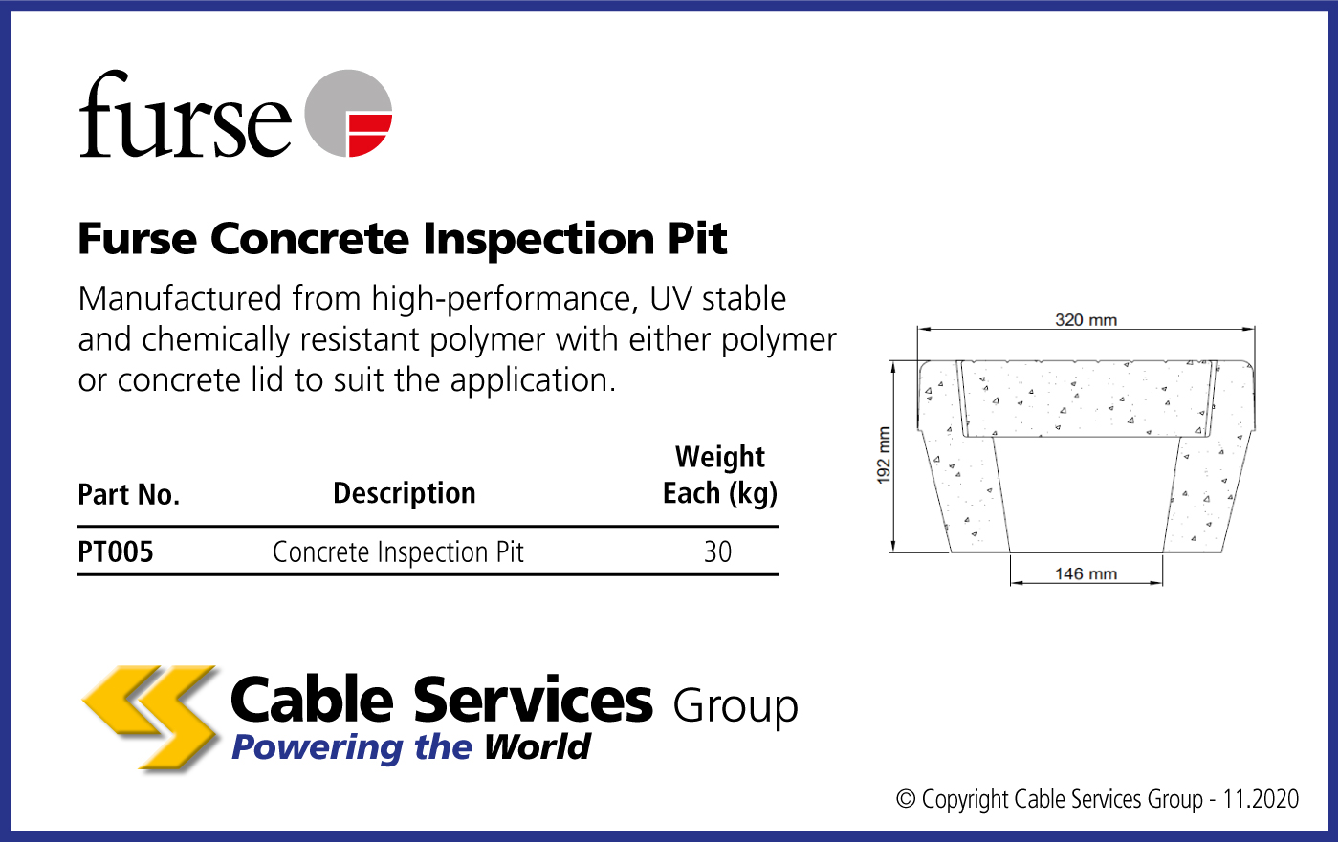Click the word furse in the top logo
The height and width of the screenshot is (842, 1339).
click(x=186, y=115)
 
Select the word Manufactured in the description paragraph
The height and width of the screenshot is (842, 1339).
click(x=180, y=298)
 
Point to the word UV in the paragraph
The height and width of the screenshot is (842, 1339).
click(x=670, y=298)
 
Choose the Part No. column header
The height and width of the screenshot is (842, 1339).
click(x=128, y=494)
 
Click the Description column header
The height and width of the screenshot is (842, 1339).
click(x=404, y=493)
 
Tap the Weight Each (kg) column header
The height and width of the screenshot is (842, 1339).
click(x=720, y=475)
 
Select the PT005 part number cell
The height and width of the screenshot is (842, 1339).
click(x=116, y=551)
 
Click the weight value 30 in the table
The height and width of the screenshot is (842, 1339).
click(x=717, y=551)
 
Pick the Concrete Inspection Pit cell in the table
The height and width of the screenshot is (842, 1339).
click(x=398, y=552)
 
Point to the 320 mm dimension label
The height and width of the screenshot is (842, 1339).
click(x=1086, y=320)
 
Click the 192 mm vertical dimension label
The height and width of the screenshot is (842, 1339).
click(x=884, y=456)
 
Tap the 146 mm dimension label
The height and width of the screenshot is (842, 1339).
click(x=1086, y=573)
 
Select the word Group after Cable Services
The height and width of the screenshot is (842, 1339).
click(x=735, y=707)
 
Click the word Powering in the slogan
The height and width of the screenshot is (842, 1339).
click(x=318, y=747)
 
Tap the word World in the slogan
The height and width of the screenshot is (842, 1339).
click(x=538, y=747)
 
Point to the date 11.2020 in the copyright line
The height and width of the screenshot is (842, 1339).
click(x=1261, y=799)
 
